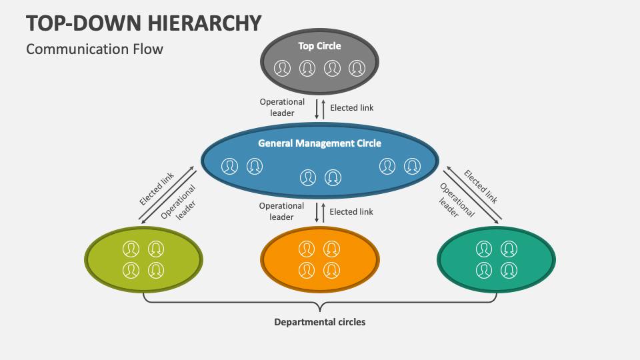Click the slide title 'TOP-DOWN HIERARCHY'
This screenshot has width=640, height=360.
143,23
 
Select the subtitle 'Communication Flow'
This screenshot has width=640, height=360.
94,49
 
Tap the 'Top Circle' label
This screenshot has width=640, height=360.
319,46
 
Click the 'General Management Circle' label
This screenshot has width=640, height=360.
319,143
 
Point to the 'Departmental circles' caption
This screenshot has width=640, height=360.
320,322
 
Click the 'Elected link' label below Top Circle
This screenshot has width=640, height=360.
352,107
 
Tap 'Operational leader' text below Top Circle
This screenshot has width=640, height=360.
282,107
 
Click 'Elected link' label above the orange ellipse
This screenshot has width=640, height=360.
351,211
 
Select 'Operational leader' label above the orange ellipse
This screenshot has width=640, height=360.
281,211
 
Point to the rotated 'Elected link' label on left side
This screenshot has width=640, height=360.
157,188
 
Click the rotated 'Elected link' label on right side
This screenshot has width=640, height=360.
481,186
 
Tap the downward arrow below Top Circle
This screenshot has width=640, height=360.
317,109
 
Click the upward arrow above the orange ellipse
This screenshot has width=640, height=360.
324,212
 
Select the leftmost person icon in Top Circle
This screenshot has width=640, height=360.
283,68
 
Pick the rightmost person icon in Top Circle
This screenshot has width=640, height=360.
357,68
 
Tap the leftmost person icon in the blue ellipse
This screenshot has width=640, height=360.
230,166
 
